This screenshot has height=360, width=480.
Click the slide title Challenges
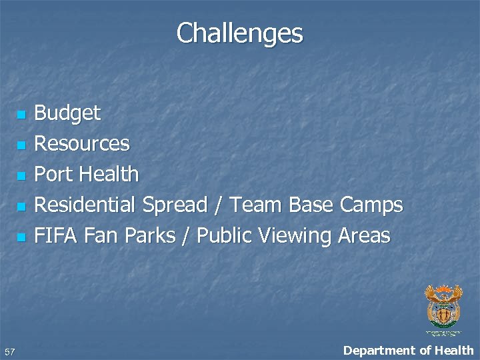click(239, 33)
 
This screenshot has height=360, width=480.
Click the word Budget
click(67, 113)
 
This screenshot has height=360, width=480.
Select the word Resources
click(82, 143)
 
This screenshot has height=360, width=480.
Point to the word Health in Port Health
click(109, 175)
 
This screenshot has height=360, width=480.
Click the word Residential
click(87, 205)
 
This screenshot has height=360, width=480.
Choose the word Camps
click(371, 205)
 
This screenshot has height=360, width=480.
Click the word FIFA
click(55, 235)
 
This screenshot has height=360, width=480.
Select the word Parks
click(147, 235)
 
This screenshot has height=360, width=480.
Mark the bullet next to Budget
click(21, 115)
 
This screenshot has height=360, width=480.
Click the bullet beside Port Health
click(21, 176)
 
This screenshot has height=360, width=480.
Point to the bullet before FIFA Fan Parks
click(21, 237)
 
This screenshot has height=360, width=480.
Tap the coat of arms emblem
click(443, 307)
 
